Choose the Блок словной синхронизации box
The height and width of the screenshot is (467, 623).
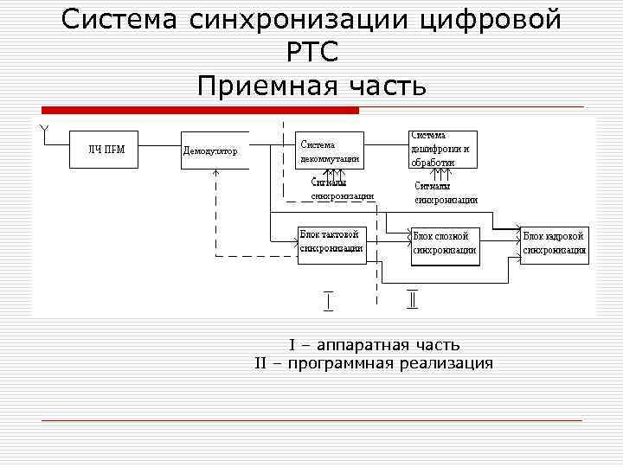pyautogui.click(x=445, y=243)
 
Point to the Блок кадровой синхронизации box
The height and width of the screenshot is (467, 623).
pyautogui.click(x=555, y=243)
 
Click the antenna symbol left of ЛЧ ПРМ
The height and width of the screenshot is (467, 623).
pyautogui.click(x=44, y=131)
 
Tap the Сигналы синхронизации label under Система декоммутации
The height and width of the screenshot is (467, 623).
pyautogui.click(x=342, y=189)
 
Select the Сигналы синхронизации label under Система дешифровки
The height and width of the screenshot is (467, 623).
pyautogui.click(x=445, y=193)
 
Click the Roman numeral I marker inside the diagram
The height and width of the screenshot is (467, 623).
pyautogui.click(x=328, y=300)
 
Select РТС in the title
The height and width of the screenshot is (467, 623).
pyautogui.click(x=311, y=53)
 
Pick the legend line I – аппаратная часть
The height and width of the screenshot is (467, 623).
pyautogui.click(x=374, y=345)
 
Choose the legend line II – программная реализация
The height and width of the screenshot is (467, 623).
pyautogui.click(x=374, y=363)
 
